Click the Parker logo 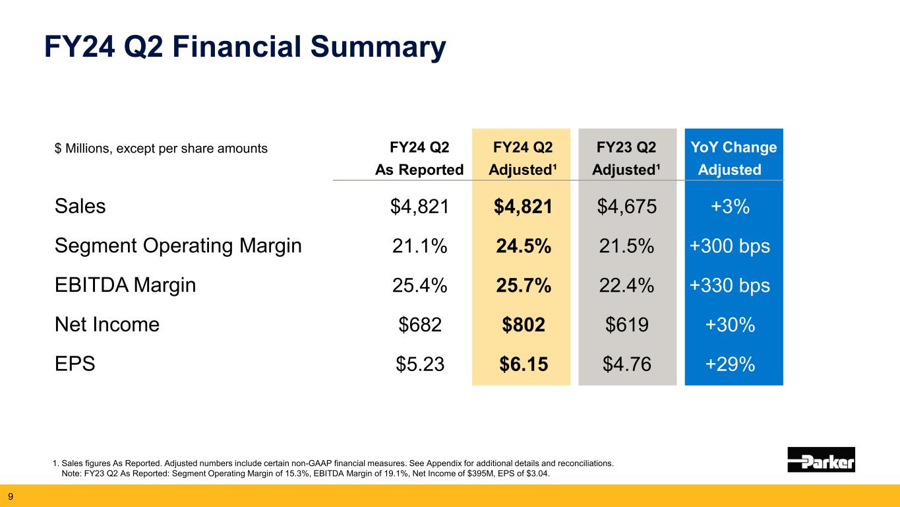point(821,459)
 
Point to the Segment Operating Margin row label point(178,246)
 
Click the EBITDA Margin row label point(125,285)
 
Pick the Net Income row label point(107,325)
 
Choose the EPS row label point(75,364)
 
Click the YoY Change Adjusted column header point(733,158)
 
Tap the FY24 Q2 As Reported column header point(419,158)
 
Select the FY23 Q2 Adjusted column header point(626,158)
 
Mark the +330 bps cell point(729,285)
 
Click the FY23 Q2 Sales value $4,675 point(626,207)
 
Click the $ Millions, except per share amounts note point(162,149)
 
